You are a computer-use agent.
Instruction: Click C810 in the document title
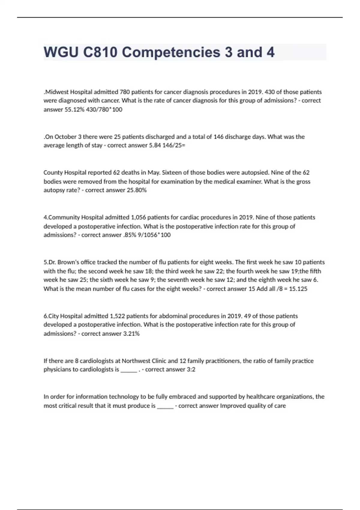[x=100, y=52]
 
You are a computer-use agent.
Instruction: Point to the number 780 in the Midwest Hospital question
[x=124, y=92]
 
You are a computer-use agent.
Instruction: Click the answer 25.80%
[x=137, y=190]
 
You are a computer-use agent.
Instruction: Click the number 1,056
[x=138, y=217]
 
